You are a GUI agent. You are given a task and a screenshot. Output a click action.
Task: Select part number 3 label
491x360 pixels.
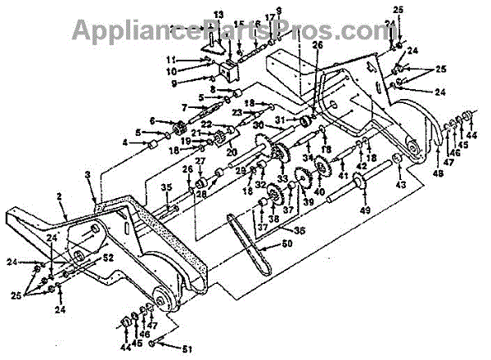[x=88, y=174]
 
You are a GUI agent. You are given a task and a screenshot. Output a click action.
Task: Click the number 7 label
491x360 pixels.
[x=185, y=107]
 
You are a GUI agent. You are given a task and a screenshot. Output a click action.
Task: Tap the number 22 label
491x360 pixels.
[x=207, y=124]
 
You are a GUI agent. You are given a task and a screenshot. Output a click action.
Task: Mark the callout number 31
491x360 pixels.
[x=279, y=120]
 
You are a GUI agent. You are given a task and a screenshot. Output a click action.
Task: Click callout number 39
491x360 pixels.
[x=309, y=201]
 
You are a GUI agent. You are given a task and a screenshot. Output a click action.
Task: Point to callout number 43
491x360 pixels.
[x=400, y=186]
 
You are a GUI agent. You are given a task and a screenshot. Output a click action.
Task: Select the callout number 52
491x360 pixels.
[x=108, y=257]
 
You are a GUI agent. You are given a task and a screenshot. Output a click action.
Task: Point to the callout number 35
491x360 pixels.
[x=165, y=187]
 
